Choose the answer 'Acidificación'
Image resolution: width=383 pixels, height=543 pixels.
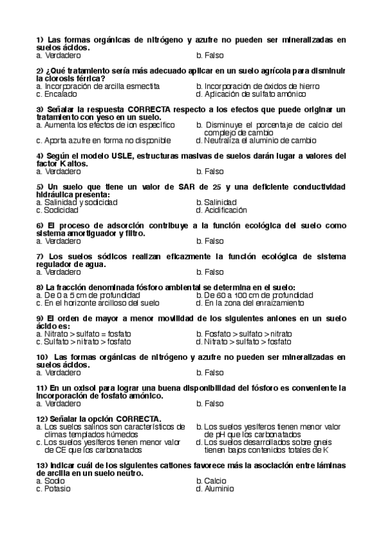coord(225,210)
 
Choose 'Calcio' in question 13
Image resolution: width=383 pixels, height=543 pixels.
coord(214,481)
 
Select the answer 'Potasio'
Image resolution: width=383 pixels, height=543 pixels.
coord(58,489)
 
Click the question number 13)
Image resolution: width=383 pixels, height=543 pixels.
coord(42,466)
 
